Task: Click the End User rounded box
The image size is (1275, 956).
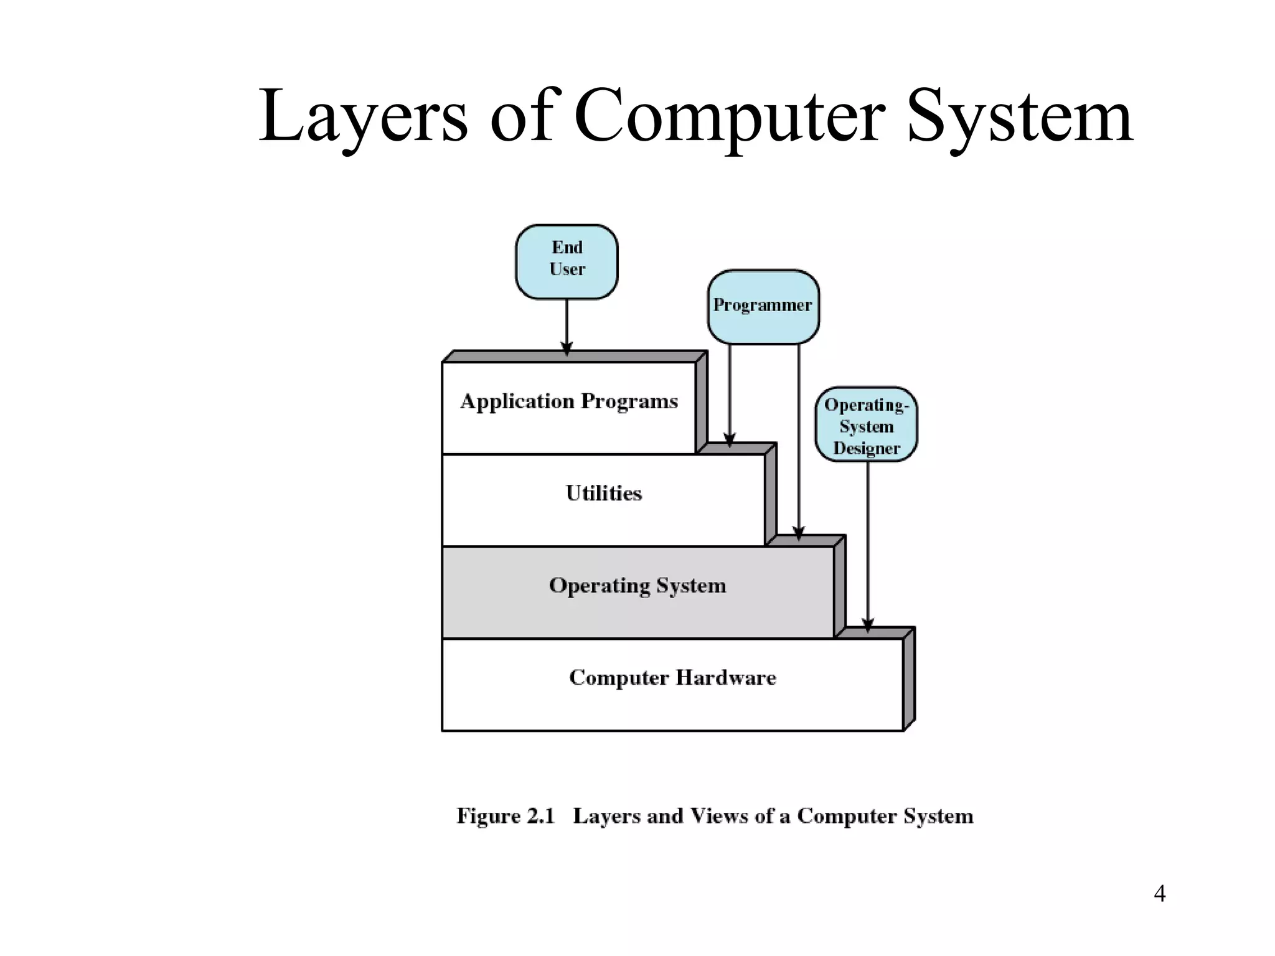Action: coord(567,261)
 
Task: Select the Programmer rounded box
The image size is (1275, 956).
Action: coord(763,306)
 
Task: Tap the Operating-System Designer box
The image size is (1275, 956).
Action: coord(866,424)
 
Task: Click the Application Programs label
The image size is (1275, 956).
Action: coord(569,401)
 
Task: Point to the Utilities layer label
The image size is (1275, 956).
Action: coord(603,494)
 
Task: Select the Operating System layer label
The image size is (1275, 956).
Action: coord(637,586)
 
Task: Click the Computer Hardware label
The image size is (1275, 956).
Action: coord(672,678)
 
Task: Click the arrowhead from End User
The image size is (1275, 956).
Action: coord(567,349)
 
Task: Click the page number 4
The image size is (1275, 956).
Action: coord(1159,894)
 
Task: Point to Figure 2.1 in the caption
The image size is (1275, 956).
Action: coord(505,816)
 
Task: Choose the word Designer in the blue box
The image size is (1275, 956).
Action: coord(867,448)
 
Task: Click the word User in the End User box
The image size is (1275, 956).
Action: coord(567,269)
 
